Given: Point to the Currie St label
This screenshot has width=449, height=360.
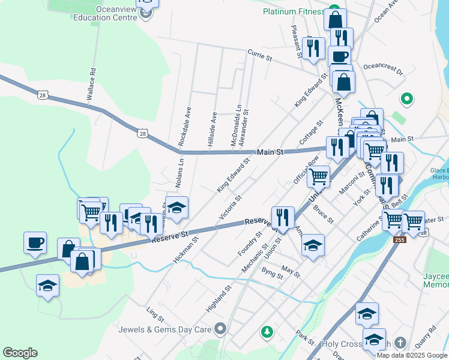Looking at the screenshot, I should (x=261, y=57).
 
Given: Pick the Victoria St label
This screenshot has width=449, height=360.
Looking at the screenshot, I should (x=230, y=206).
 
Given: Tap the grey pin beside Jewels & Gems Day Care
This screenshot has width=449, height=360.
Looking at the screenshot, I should (x=221, y=328).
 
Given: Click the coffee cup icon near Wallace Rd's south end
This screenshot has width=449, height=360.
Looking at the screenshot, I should (x=35, y=242).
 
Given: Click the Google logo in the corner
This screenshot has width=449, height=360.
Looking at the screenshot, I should (x=20, y=353).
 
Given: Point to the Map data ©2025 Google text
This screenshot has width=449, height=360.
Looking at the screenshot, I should (x=411, y=355).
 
